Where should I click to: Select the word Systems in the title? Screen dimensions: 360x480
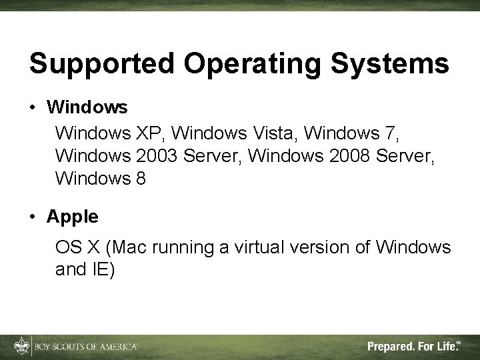(x=398, y=64)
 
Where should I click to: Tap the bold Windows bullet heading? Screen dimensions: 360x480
(x=87, y=107)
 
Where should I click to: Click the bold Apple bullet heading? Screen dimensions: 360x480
(x=73, y=217)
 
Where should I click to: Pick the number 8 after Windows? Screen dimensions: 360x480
(x=140, y=179)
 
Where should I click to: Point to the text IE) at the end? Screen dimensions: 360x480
(x=104, y=271)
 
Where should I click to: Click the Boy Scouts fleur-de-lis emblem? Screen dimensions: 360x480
(x=21, y=346)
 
